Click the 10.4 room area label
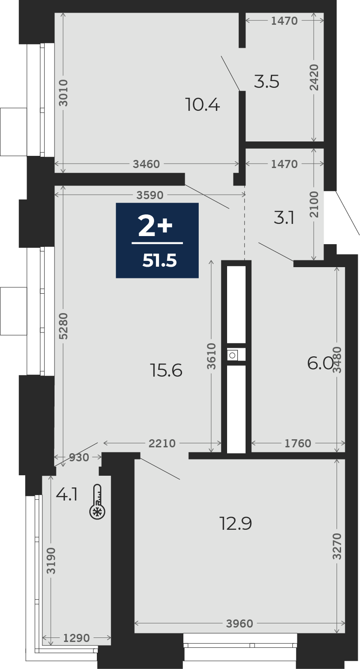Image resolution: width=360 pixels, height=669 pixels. coord(203,105)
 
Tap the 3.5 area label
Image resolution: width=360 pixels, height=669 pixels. coord(266,82)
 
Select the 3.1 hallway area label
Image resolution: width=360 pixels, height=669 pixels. coord(284,218)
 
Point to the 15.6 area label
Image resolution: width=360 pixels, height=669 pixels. coord(166,370)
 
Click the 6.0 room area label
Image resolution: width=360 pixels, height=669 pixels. coord(320,364)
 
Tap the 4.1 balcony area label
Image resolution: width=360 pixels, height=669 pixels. coord(67,494)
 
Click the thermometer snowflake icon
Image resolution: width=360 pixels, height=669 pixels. coord(97,501)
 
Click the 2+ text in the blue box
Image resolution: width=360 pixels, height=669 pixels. coord(155,227)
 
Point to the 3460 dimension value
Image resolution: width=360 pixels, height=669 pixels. coord(146,164)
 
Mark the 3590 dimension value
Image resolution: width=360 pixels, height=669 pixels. coord(150,195)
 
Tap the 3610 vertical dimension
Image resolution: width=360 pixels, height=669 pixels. coord(211,356)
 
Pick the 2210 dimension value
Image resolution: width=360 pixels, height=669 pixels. coord(162,443)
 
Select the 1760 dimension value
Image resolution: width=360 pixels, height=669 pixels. coord(298,443)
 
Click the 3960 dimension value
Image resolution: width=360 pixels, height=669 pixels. coord(240,623)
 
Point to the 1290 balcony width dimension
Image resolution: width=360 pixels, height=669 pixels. coord(77,638)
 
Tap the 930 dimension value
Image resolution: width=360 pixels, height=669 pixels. coord(79,457)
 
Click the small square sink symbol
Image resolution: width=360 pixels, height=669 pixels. coord(232,355)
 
